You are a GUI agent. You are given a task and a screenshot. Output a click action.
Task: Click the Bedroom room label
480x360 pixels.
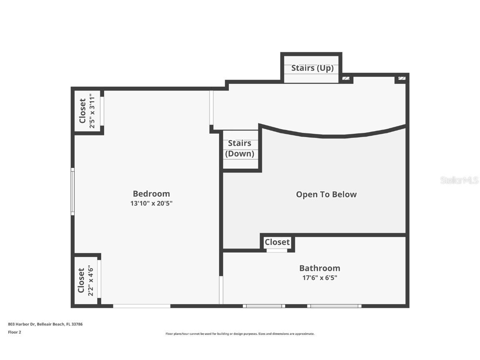pyautogui.click(x=151, y=194)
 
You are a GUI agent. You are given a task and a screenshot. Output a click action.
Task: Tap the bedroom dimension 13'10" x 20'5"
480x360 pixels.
pyautogui.click(x=151, y=203)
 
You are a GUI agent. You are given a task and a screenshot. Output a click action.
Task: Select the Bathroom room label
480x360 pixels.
pyautogui.click(x=320, y=268)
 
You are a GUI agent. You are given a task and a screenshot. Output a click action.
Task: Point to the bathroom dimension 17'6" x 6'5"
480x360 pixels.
pyautogui.click(x=320, y=277)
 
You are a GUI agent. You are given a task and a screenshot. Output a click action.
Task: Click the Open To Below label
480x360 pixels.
pyautogui.click(x=326, y=195)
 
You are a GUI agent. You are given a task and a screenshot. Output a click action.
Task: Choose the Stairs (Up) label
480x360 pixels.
pyautogui.click(x=312, y=68)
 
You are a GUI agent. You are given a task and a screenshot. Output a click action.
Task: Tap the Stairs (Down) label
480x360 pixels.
pyautogui.click(x=240, y=148)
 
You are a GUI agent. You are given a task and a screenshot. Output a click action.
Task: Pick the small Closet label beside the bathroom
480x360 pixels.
pyautogui.click(x=277, y=242)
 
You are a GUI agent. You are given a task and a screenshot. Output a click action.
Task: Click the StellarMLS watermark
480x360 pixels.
pyautogui.click(x=459, y=180)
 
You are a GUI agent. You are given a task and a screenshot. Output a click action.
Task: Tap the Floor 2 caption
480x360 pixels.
pyautogui.click(x=15, y=332)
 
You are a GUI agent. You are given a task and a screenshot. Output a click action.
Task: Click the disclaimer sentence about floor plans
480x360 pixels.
pyautogui.click(x=240, y=334)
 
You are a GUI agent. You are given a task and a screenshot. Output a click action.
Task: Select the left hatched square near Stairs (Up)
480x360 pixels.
pyautogui.click(x=346, y=78)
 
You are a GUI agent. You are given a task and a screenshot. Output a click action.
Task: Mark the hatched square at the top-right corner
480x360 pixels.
pyautogui.click(x=402, y=78)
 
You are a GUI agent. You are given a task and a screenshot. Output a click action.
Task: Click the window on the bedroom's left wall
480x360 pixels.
pyautogui.click(x=72, y=191)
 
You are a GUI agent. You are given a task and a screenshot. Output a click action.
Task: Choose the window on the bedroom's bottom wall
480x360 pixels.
pyautogui.click(x=142, y=306)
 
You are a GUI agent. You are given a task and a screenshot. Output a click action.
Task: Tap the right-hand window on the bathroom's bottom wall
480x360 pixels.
pyautogui.click(x=334, y=306)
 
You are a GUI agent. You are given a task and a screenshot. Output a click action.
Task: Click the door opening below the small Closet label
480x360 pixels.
pyautogui.click(x=277, y=250)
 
